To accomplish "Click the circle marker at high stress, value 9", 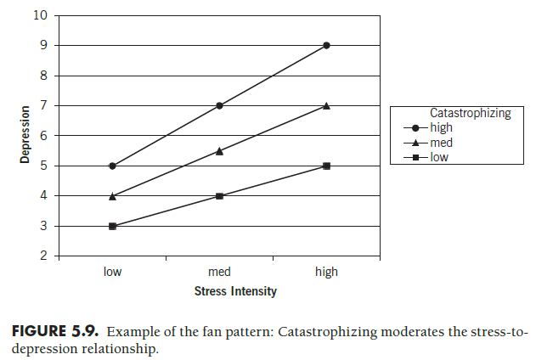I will coord(326,46).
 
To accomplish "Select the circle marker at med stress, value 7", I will coord(219,105).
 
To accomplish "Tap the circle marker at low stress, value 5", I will coord(112,166).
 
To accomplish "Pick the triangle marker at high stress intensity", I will coord(326,105).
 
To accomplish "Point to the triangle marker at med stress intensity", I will coord(219,150).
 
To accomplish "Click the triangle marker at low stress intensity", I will coord(112,195).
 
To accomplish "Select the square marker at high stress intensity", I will coord(326,166).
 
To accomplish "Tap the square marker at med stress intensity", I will coord(219,195).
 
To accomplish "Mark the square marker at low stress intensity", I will coord(112,226).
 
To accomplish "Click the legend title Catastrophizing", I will coord(470,113).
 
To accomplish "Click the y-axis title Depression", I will coord(25,134).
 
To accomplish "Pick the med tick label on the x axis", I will coord(219,272).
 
